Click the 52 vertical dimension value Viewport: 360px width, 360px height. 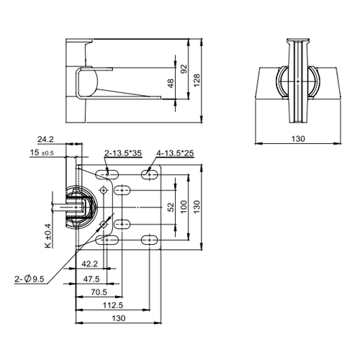pyautogui.click(x=171, y=207)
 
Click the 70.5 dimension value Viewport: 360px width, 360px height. pyautogui.click(x=99, y=292)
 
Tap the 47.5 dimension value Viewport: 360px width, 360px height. pyautogui.click(x=91, y=278)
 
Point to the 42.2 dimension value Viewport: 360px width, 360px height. pyautogui.click(x=90, y=264)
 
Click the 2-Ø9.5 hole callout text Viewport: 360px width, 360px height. pyautogui.click(x=28, y=279)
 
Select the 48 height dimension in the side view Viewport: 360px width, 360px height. pyautogui.click(x=170, y=84)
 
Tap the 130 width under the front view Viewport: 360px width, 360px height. pyautogui.click(x=297, y=138)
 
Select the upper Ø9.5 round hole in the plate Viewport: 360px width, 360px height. pyautogui.click(x=105, y=189)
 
